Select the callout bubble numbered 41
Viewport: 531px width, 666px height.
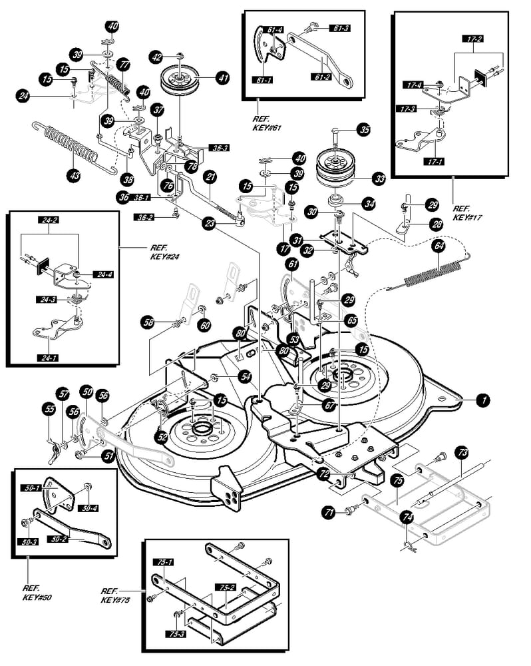(x=222, y=78)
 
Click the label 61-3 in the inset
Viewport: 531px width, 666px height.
(x=340, y=27)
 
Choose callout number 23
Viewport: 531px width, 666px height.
(x=210, y=225)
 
